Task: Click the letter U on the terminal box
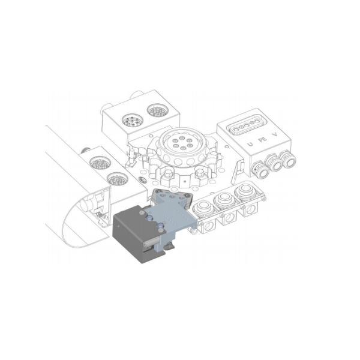tap(250, 144)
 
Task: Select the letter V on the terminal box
tap(274, 134)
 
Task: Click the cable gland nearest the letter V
tap(288, 158)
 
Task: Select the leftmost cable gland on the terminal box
tap(261, 170)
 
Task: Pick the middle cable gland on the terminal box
tap(275, 163)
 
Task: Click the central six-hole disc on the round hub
tap(182, 143)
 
